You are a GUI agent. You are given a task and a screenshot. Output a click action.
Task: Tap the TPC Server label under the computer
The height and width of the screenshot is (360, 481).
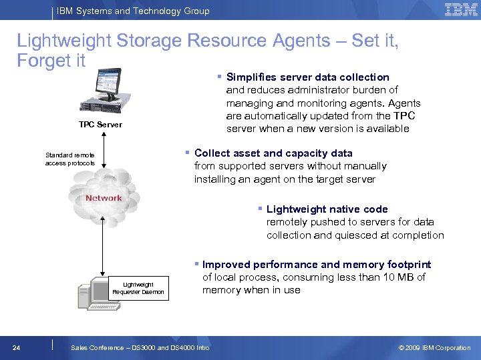(x=100, y=125)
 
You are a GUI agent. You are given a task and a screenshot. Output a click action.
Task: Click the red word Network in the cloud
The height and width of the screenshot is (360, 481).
(x=104, y=198)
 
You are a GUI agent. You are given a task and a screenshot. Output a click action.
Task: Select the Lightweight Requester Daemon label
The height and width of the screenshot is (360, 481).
(x=138, y=288)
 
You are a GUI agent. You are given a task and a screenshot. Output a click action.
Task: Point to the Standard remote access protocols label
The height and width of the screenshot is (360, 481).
(x=70, y=159)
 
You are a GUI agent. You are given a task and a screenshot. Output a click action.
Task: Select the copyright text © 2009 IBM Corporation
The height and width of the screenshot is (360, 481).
(x=434, y=347)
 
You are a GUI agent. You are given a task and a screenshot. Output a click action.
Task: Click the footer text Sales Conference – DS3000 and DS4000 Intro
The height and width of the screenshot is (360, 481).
(x=140, y=347)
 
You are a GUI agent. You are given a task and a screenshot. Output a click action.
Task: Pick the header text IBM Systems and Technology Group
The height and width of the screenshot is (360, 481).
(x=133, y=11)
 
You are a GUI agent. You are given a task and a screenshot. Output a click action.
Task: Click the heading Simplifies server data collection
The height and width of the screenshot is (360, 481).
(x=307, y=77)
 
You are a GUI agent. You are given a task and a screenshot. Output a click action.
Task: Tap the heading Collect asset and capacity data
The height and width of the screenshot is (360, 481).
(x=273, y=153)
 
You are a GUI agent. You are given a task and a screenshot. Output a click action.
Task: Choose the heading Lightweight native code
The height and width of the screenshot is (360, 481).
(x=327, y=209)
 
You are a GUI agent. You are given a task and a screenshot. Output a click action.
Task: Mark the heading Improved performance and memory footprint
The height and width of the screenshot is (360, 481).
(x=317, y=265)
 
